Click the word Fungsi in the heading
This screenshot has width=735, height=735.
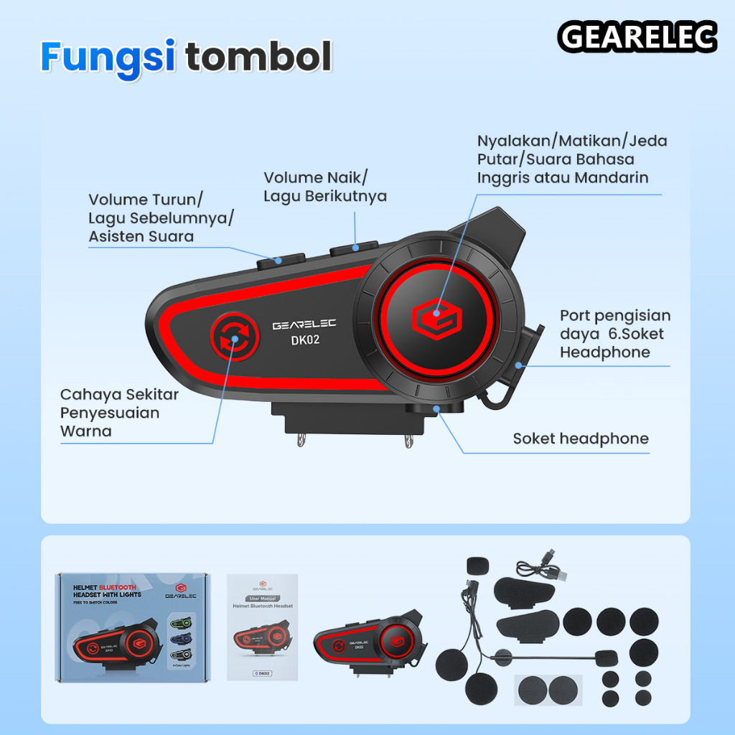click(108, 57)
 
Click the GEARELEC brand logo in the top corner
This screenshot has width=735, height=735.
click(637, 37)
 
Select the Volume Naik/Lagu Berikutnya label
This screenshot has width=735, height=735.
click(325, 187)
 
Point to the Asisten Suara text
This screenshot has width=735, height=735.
click(141, 236)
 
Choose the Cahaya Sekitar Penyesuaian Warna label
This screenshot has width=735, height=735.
click(119, 413)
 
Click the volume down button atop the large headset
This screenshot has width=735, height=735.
click(281, 259)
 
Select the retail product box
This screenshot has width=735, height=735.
click(132, 626)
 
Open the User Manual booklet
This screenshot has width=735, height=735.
click(261, 626)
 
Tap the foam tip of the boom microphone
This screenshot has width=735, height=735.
click(604, 656)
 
